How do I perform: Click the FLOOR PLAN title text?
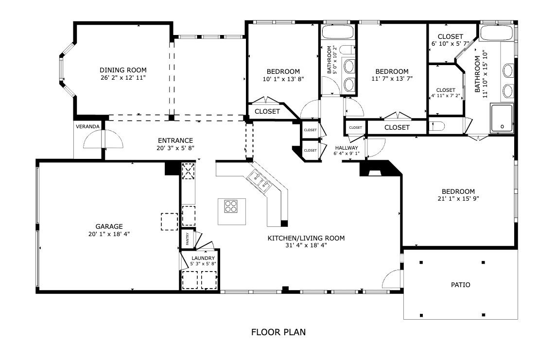pos(278,332)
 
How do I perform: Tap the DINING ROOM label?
pos(123,70)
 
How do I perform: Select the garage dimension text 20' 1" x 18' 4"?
pos(109,234)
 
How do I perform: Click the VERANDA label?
pos(87,126)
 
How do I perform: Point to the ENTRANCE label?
pos(175,141)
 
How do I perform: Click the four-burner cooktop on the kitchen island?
pos(231,206)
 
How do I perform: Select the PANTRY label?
pos(188,239)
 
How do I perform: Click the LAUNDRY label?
pos(203,258)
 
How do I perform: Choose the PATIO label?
pos(461,285)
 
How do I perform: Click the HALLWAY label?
pos(347,148)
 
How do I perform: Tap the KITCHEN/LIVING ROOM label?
pos(306,238)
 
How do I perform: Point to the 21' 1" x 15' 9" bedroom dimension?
pos(458,199)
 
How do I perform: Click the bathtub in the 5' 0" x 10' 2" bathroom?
pos(338,32)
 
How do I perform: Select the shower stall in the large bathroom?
pos(502,119)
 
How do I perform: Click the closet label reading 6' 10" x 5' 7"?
pos(451,44)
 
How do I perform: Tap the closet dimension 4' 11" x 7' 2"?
pos(446,96)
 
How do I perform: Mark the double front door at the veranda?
pos(103,139)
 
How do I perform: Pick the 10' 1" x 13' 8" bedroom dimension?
pos(283,79)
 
